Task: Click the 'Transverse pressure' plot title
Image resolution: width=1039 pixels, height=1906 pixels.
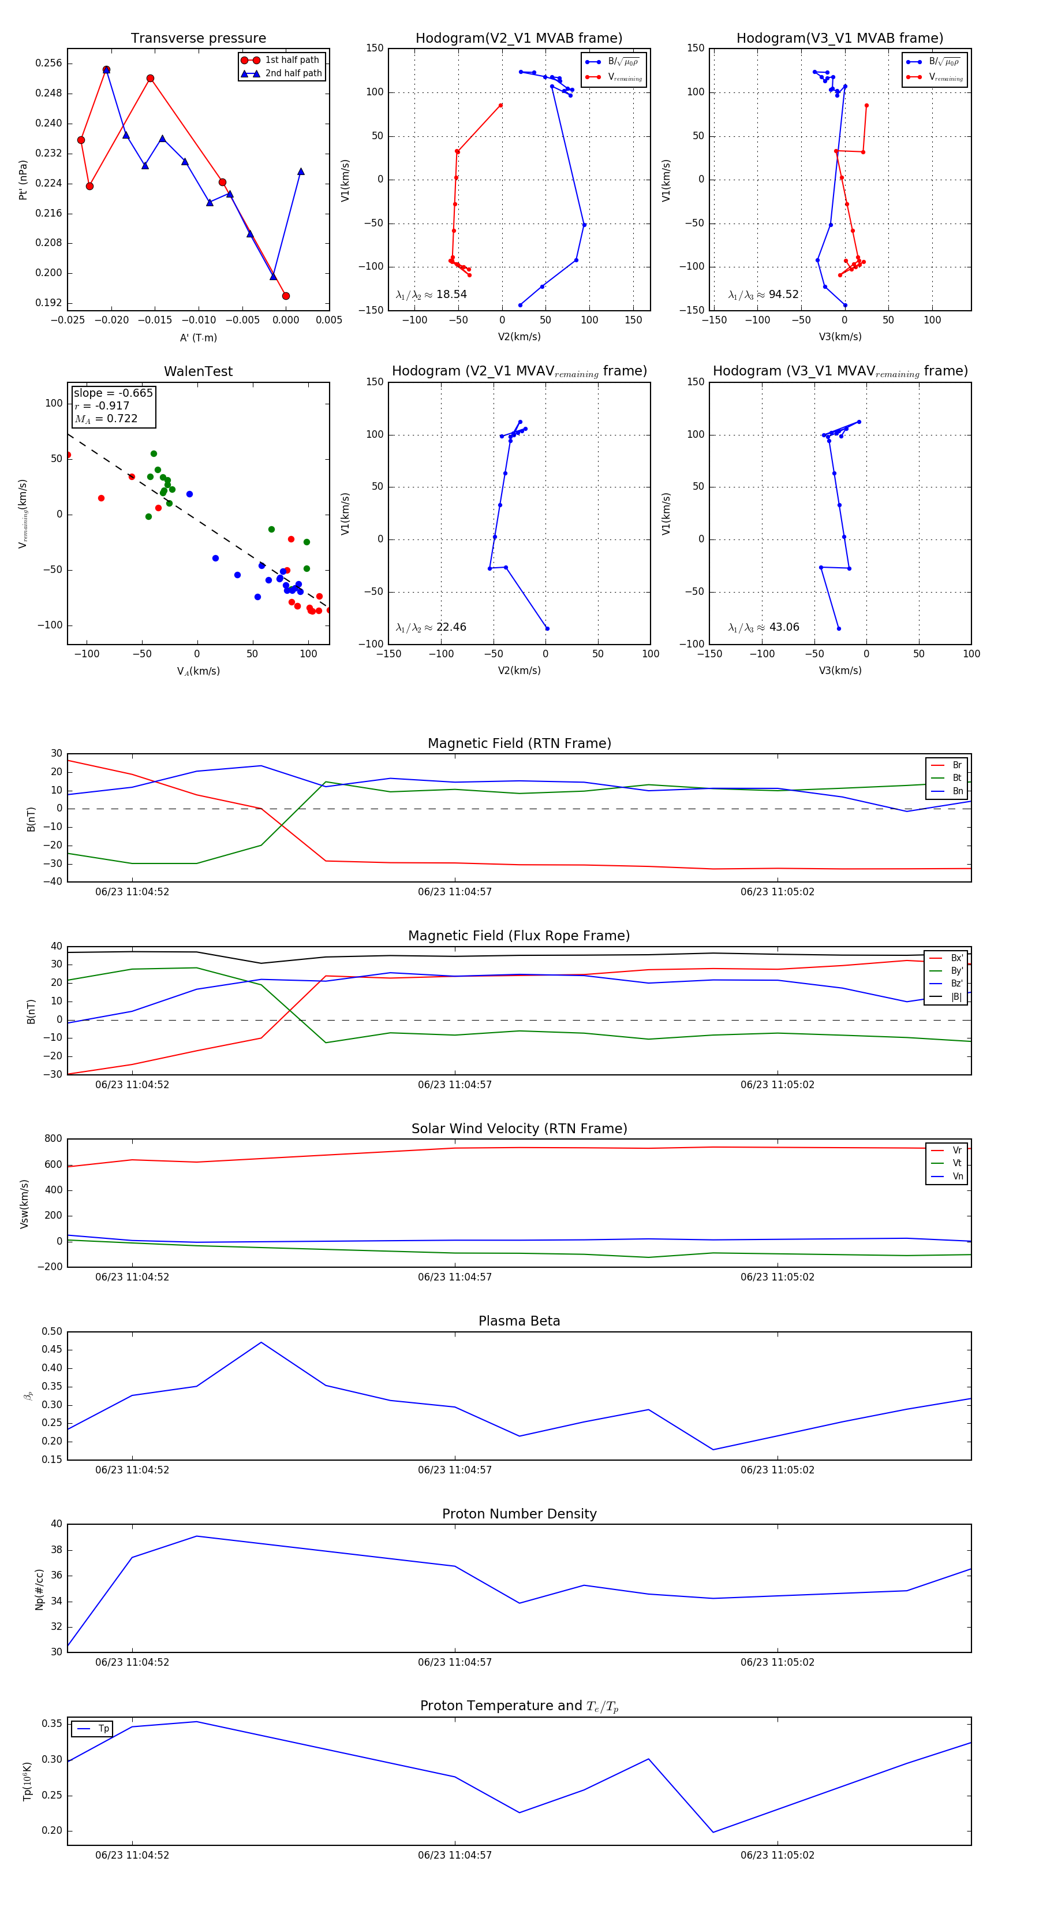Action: pos(198,39)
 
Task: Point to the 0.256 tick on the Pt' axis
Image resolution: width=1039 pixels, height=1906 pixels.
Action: pos(49,64)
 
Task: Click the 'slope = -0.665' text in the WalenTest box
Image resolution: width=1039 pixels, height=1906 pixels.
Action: pos(113,393)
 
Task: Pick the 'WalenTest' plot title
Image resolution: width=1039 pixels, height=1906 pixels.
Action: pos(198,371)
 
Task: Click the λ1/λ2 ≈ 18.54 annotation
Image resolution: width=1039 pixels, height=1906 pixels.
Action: pos(431,295)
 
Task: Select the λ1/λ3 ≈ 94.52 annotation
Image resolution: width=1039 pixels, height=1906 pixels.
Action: pos(763,295)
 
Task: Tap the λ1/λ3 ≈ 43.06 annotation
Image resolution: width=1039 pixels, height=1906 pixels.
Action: pos(763,627)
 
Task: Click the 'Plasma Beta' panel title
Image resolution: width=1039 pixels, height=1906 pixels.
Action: pos(519,1321)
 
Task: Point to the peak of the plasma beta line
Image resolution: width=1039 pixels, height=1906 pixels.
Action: pos(261,1342)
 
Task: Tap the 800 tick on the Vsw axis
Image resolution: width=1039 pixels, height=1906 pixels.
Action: pos(53,1139)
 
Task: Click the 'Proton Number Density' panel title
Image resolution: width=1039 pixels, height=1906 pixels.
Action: pos(519,1514)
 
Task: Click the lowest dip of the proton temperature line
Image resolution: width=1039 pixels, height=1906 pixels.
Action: pos(713,1832)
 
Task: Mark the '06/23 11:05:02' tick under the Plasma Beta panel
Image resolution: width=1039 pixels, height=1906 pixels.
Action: pos(777,1469)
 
